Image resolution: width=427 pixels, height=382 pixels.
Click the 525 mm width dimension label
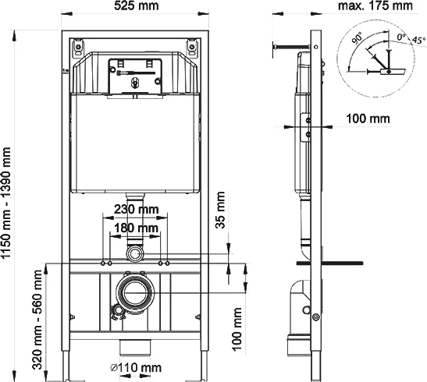click(x=137, y=7)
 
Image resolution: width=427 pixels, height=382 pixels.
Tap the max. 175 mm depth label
click(x=375, y=7)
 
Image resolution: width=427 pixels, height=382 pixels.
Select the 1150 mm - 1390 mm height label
click(x=9, y=204)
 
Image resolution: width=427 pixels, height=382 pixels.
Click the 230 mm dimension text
click(x=137, y=209)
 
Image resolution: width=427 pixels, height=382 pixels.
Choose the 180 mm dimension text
click(x=137, y=227)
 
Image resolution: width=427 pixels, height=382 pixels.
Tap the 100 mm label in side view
click(x=367, y=118)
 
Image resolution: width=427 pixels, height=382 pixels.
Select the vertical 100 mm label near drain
click(x=237, y=326)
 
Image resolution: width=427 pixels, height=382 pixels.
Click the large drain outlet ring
click(x=137, y=292)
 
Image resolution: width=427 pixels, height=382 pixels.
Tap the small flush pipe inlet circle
click(x=137, y=254)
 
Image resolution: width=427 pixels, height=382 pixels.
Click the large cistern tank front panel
click(x=137, y=144)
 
